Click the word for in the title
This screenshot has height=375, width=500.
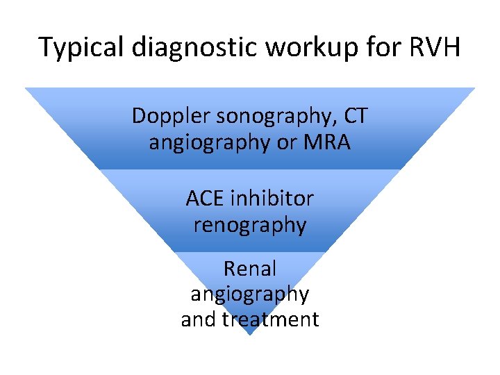[x=367, y=48]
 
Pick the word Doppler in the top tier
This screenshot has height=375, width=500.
[x=171, y=116]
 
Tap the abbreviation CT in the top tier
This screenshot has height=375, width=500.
[x=356, y=116]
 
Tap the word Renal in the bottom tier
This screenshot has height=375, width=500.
[x=250, y=268]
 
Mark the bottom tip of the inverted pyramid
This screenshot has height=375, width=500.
[x=250, y=335]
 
